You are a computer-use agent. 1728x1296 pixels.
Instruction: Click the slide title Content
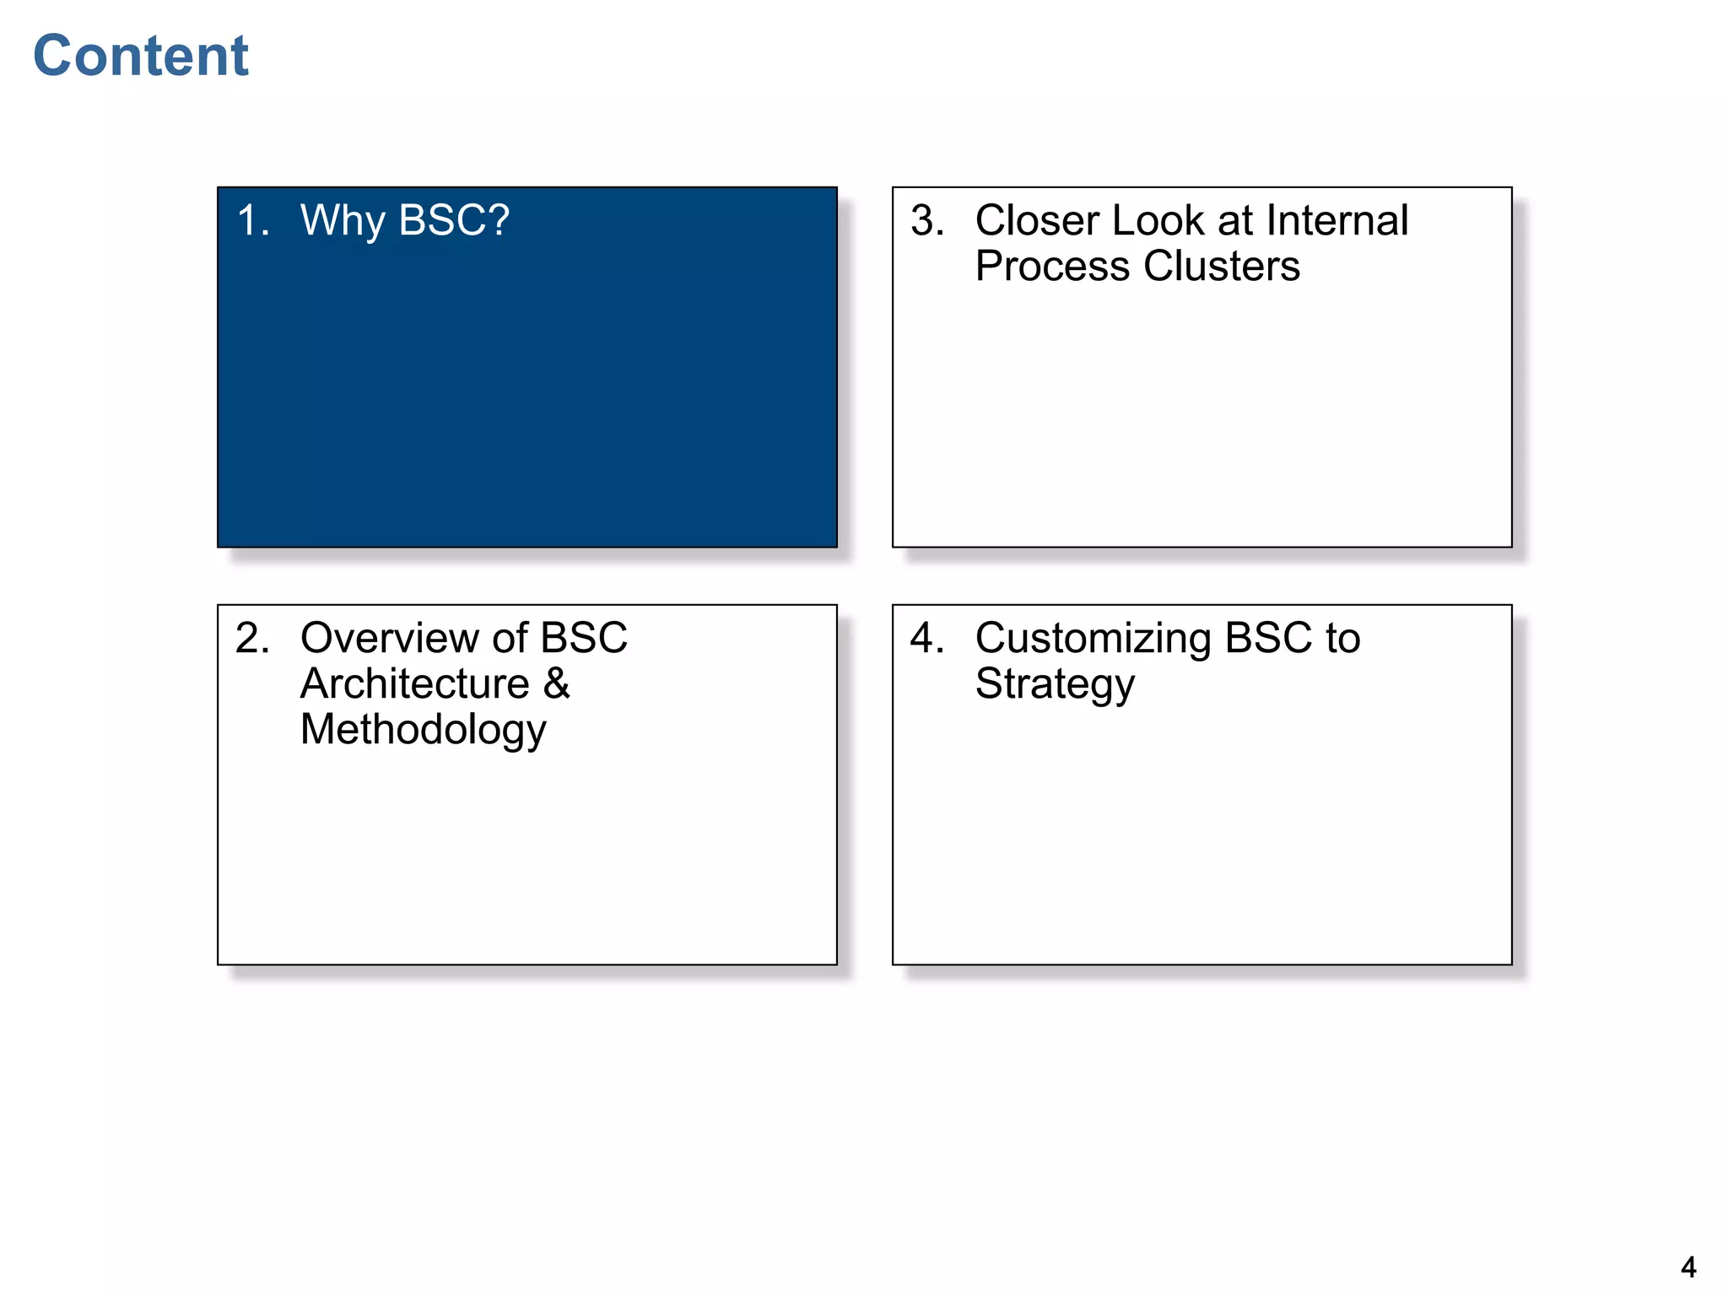click(141, 57)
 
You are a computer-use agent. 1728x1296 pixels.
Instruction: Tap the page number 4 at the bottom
click(1688, 1266)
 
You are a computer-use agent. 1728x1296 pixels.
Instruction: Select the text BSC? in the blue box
click(454, 221)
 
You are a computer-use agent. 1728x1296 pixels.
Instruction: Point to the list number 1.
click(252, 221)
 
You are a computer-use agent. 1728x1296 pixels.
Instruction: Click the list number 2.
click(252, 638)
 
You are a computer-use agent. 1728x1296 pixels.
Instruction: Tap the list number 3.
click(926, 221)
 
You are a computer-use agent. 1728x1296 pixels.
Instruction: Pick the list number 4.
click(926, 638)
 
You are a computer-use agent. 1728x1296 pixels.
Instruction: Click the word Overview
click(390, 638)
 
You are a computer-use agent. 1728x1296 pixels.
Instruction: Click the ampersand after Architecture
click(557, 683)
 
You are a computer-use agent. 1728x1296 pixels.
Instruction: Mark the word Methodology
click(424, 730)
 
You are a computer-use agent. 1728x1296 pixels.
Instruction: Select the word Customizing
click(1093, 638)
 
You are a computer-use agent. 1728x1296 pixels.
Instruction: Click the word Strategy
click(1055, 684)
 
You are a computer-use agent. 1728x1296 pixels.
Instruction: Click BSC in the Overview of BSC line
click(584, 638)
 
